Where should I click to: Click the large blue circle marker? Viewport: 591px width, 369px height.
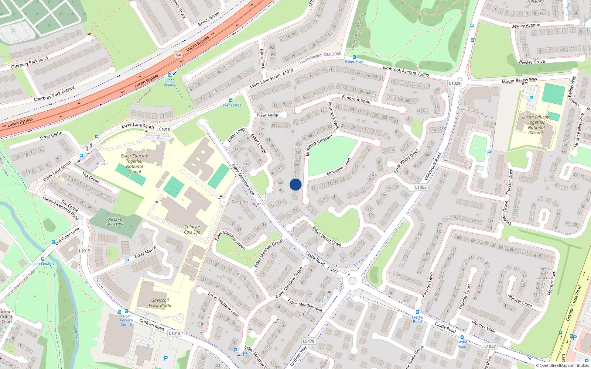click(295, 184)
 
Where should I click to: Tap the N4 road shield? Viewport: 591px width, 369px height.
click(178, 55)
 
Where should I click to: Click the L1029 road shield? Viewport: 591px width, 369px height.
click(455, 83)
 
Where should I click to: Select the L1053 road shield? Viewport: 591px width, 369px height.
click(420, 187)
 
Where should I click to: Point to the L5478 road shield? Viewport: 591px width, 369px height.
click(308, 341)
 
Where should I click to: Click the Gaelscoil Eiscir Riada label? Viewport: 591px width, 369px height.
click(160, 303)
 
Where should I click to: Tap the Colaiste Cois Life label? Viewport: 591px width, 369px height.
click(192, 230)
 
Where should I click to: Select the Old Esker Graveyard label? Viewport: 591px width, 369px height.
click(115, 221)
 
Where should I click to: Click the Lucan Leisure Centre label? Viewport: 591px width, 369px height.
click(126, 320)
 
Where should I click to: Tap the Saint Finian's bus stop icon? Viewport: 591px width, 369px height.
click(43, 259)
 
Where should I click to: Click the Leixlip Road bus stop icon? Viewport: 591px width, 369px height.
click(417, 312)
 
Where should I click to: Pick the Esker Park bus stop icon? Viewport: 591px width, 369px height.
click(354, 57)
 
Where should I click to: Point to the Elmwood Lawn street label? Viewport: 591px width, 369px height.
click(338, 167)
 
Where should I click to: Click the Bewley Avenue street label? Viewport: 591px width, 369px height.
click(526, 25)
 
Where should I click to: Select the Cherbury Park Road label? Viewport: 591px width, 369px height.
click(30, 63)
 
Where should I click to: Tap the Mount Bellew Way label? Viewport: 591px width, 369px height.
click(519, 80)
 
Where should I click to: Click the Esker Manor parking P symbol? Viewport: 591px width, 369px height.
click(127, 261)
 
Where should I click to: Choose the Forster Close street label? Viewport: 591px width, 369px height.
click(520, 301)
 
